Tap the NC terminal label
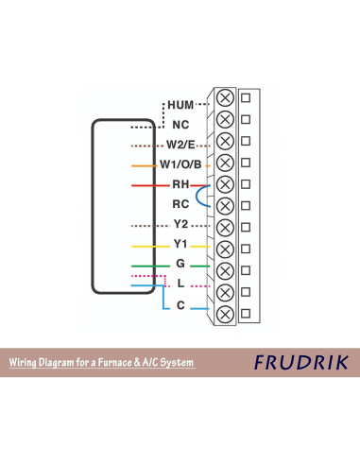pyautogui.click(x=180, y=124)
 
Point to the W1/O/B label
pyautogui.click(x=180, y=164)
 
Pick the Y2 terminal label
pyautogui.click(x=181, y=224)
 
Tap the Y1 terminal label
pyautogui.click(x=181, y=245)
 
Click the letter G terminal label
pyautogui.click(x=180, y=264)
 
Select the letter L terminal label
pyautogui.click(x=180, y=284)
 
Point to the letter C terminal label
pyautogui.click(x=180, y=304)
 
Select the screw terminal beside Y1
pyautogui.click(x=225, y=249)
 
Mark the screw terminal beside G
pyautogui.click(x=225, y=270)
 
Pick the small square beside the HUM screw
pyautogui.click(x=246, y=97)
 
